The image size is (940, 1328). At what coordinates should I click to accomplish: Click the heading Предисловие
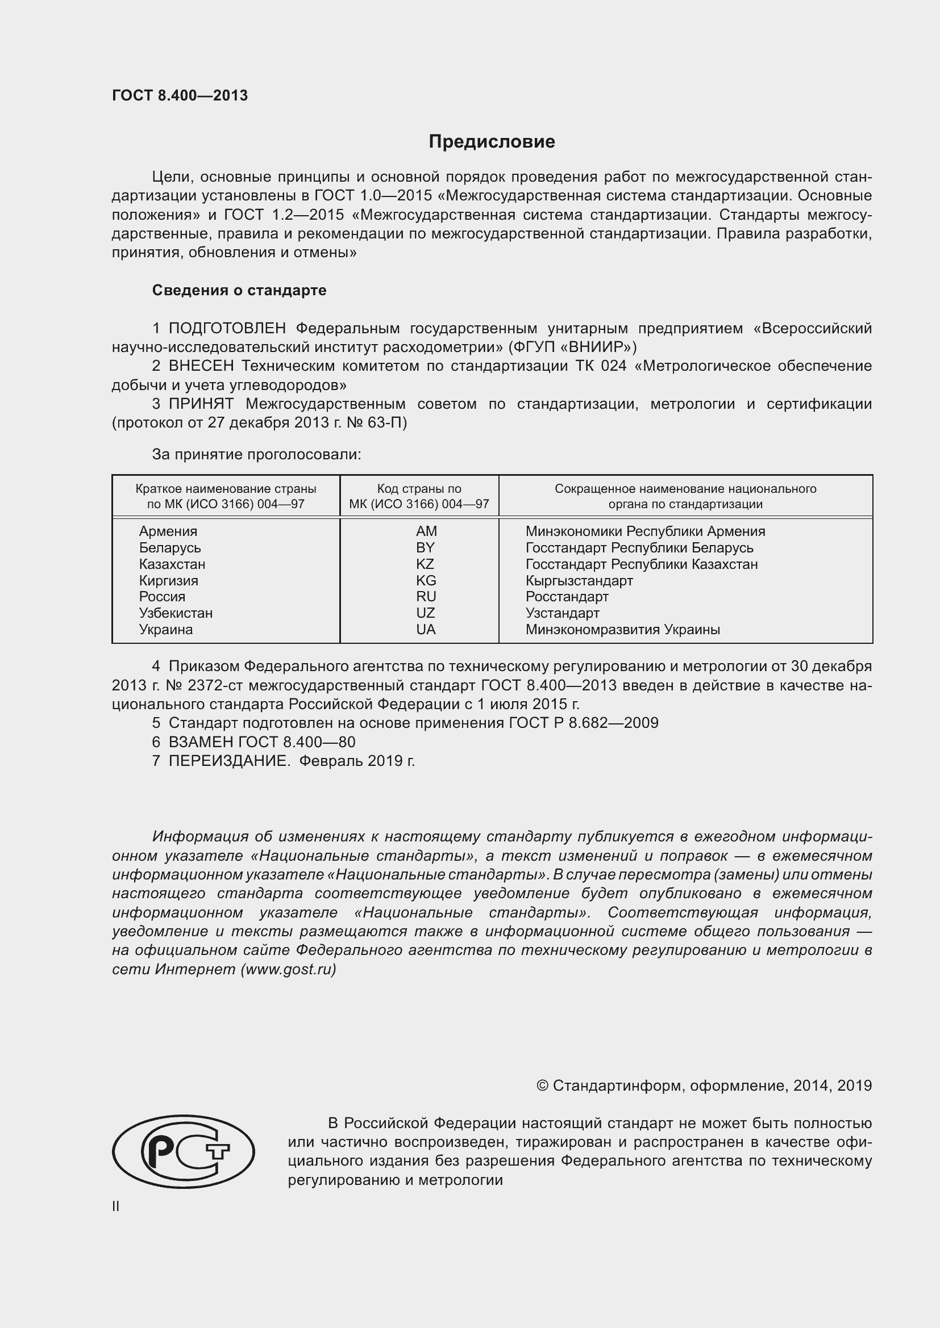click(x=492, y=142)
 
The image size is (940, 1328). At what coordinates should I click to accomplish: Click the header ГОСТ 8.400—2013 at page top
click(x=180, y=95)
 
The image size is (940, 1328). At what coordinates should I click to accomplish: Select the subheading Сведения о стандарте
click(x=239, y=290)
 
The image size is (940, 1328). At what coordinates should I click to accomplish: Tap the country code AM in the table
click(x=426, y=531)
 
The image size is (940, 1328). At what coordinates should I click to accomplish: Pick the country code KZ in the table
click(x=425, y=564)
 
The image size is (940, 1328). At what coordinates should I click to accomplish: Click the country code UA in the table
click(x=426, y=629)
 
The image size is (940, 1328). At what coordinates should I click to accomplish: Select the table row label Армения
click(x=168, y=531)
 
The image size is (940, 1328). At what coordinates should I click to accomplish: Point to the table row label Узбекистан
click(x=176, y=613)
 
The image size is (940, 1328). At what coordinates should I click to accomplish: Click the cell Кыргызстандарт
click(x=579, y=580)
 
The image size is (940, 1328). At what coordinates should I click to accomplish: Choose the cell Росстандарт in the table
click(x=567, y=596)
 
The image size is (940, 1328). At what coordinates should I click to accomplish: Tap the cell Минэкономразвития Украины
click(x=622, y=629)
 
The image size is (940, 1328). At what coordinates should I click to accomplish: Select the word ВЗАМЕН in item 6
click(x=201, y=742)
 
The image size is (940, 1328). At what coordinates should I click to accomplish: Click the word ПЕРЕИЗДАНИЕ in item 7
click(x=228, y=761)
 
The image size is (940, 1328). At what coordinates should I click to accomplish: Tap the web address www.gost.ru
click(x=288, y=969)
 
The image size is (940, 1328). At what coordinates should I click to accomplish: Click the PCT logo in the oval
click(x=184, y=1151)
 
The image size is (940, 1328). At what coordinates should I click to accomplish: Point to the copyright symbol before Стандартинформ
click(x=542, y=1086)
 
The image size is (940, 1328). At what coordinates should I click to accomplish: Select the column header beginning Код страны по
click(x=419, y=496)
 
